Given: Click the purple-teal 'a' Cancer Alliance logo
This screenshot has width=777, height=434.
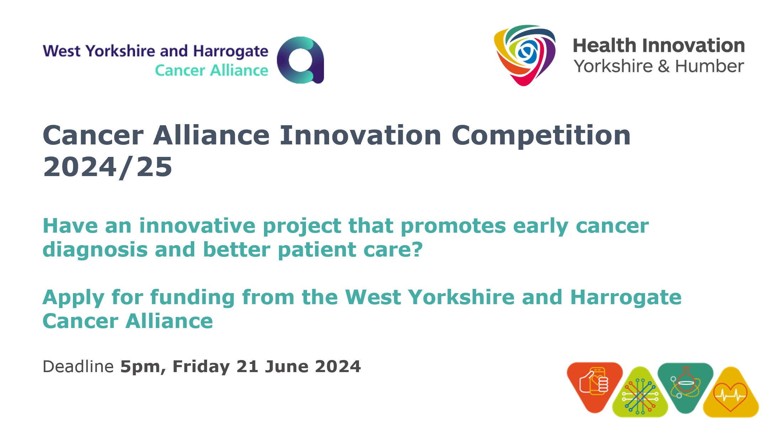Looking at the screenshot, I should pyautogui.click(x=301, y=60).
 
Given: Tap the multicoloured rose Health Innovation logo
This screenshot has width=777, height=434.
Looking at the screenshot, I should pyautogui.click(x=525, y=54).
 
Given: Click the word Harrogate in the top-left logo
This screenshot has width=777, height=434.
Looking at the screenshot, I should pyautogui.click(x=231, y=52).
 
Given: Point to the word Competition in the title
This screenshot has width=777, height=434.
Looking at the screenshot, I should pyautogui.click(x=541, y=136).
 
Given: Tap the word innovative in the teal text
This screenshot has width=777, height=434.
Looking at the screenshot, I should pyautogui.click(x=197, y=226).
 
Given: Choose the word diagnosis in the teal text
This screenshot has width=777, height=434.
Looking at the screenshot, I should pyautogui.click(x=95, y=250).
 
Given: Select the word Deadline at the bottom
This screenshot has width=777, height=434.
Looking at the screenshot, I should pyautogui.click(x=78, y=367).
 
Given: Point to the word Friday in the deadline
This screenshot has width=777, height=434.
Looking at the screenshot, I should pyautogui.click(x=201, y=367).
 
